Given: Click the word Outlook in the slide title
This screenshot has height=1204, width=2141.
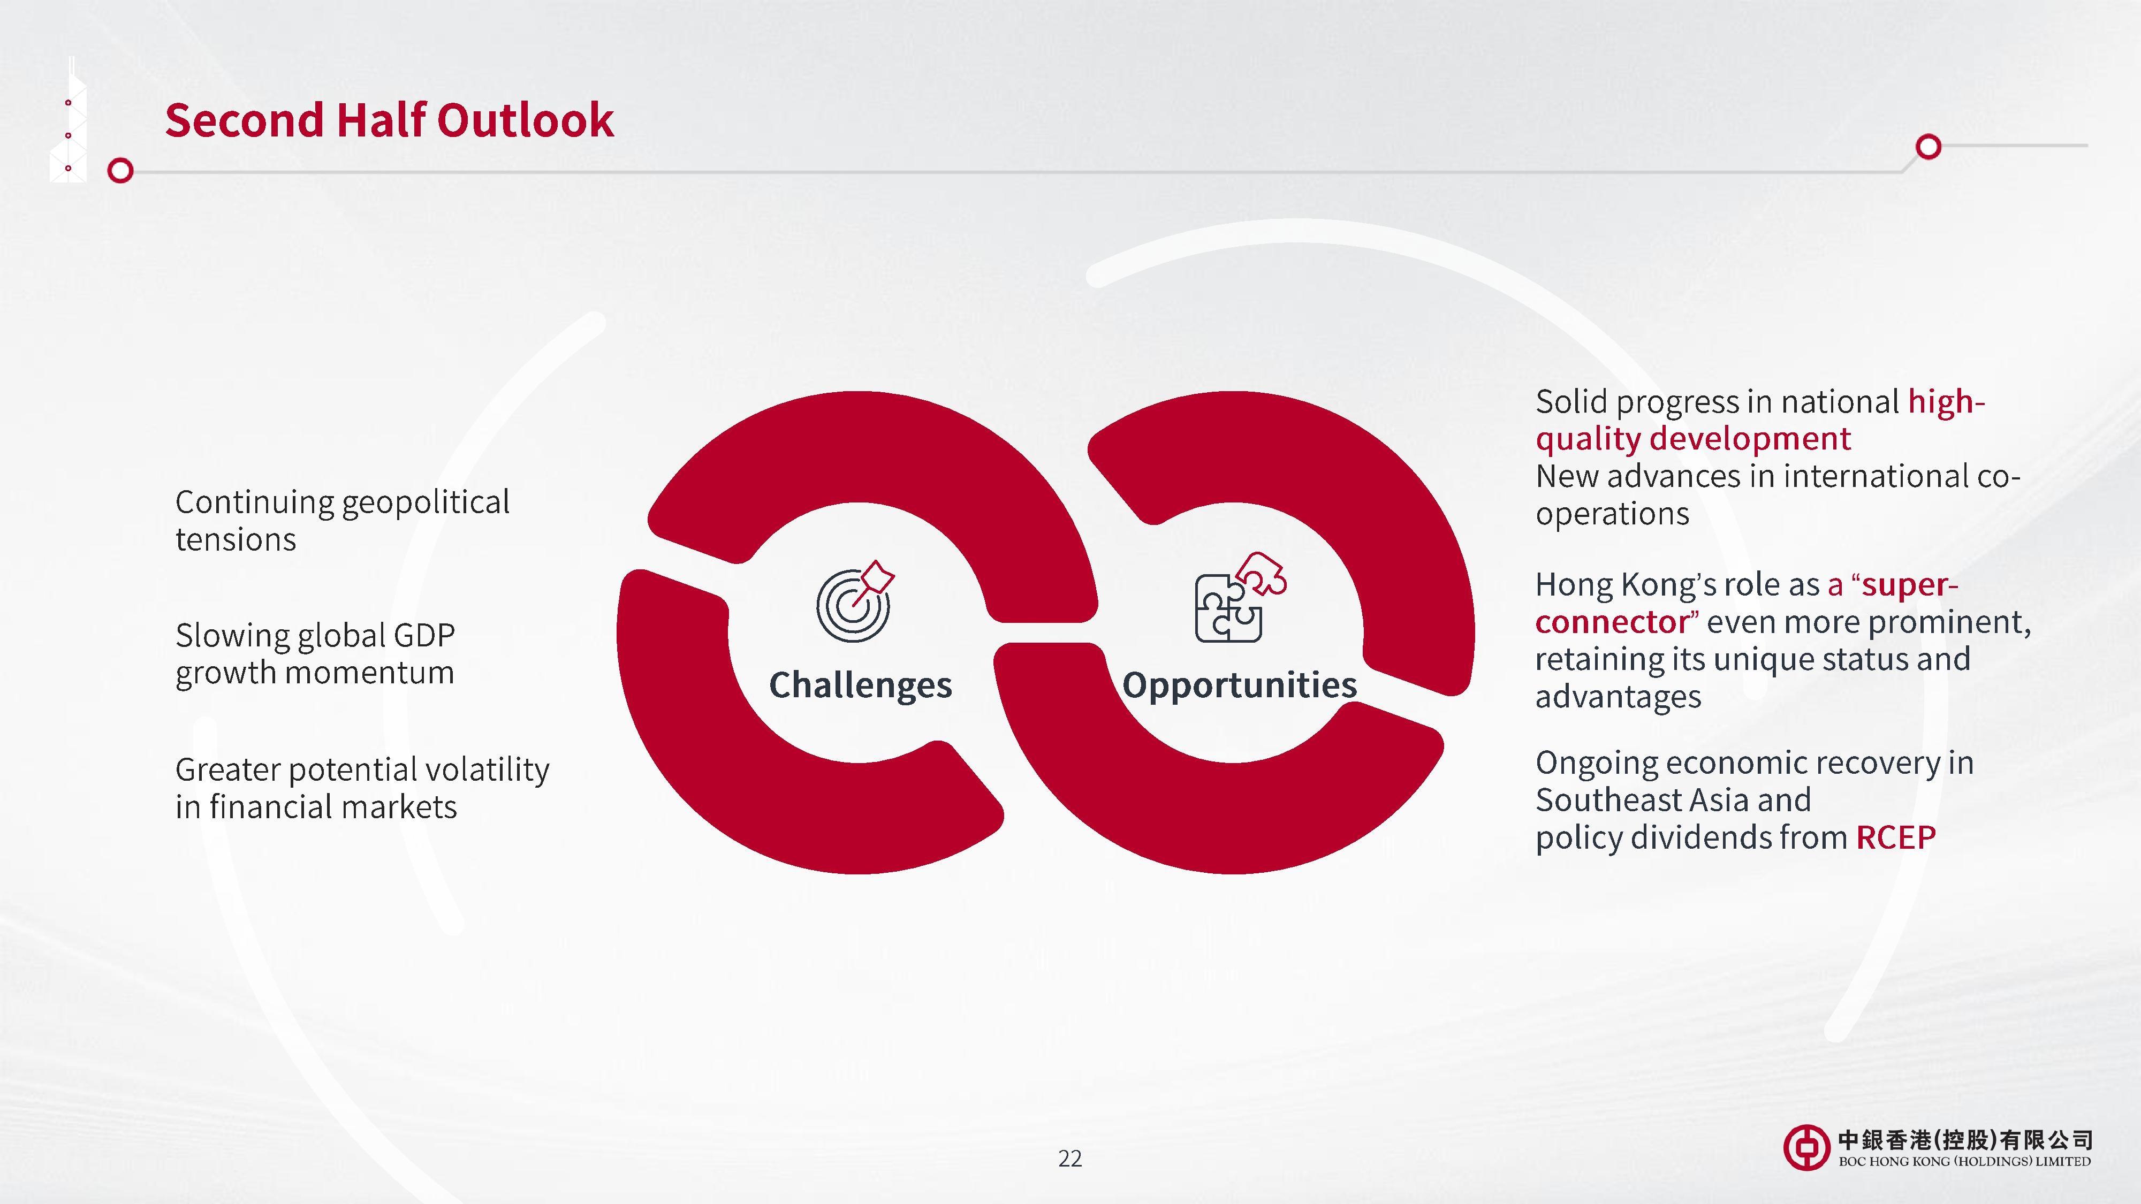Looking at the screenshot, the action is pyautogui.click(x=525, y=120).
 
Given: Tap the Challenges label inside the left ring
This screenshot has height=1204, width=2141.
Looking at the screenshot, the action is pyautogui.click(x=860, y=685).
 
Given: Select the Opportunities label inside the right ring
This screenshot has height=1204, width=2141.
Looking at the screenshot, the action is pyautogui.click(x=1239, y=685).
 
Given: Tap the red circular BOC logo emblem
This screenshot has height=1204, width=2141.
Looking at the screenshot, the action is pyautogui.click(x=1806, y=1147).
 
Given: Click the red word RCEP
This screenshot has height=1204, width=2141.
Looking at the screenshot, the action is pyautogui.click(x=1896, y=837).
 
